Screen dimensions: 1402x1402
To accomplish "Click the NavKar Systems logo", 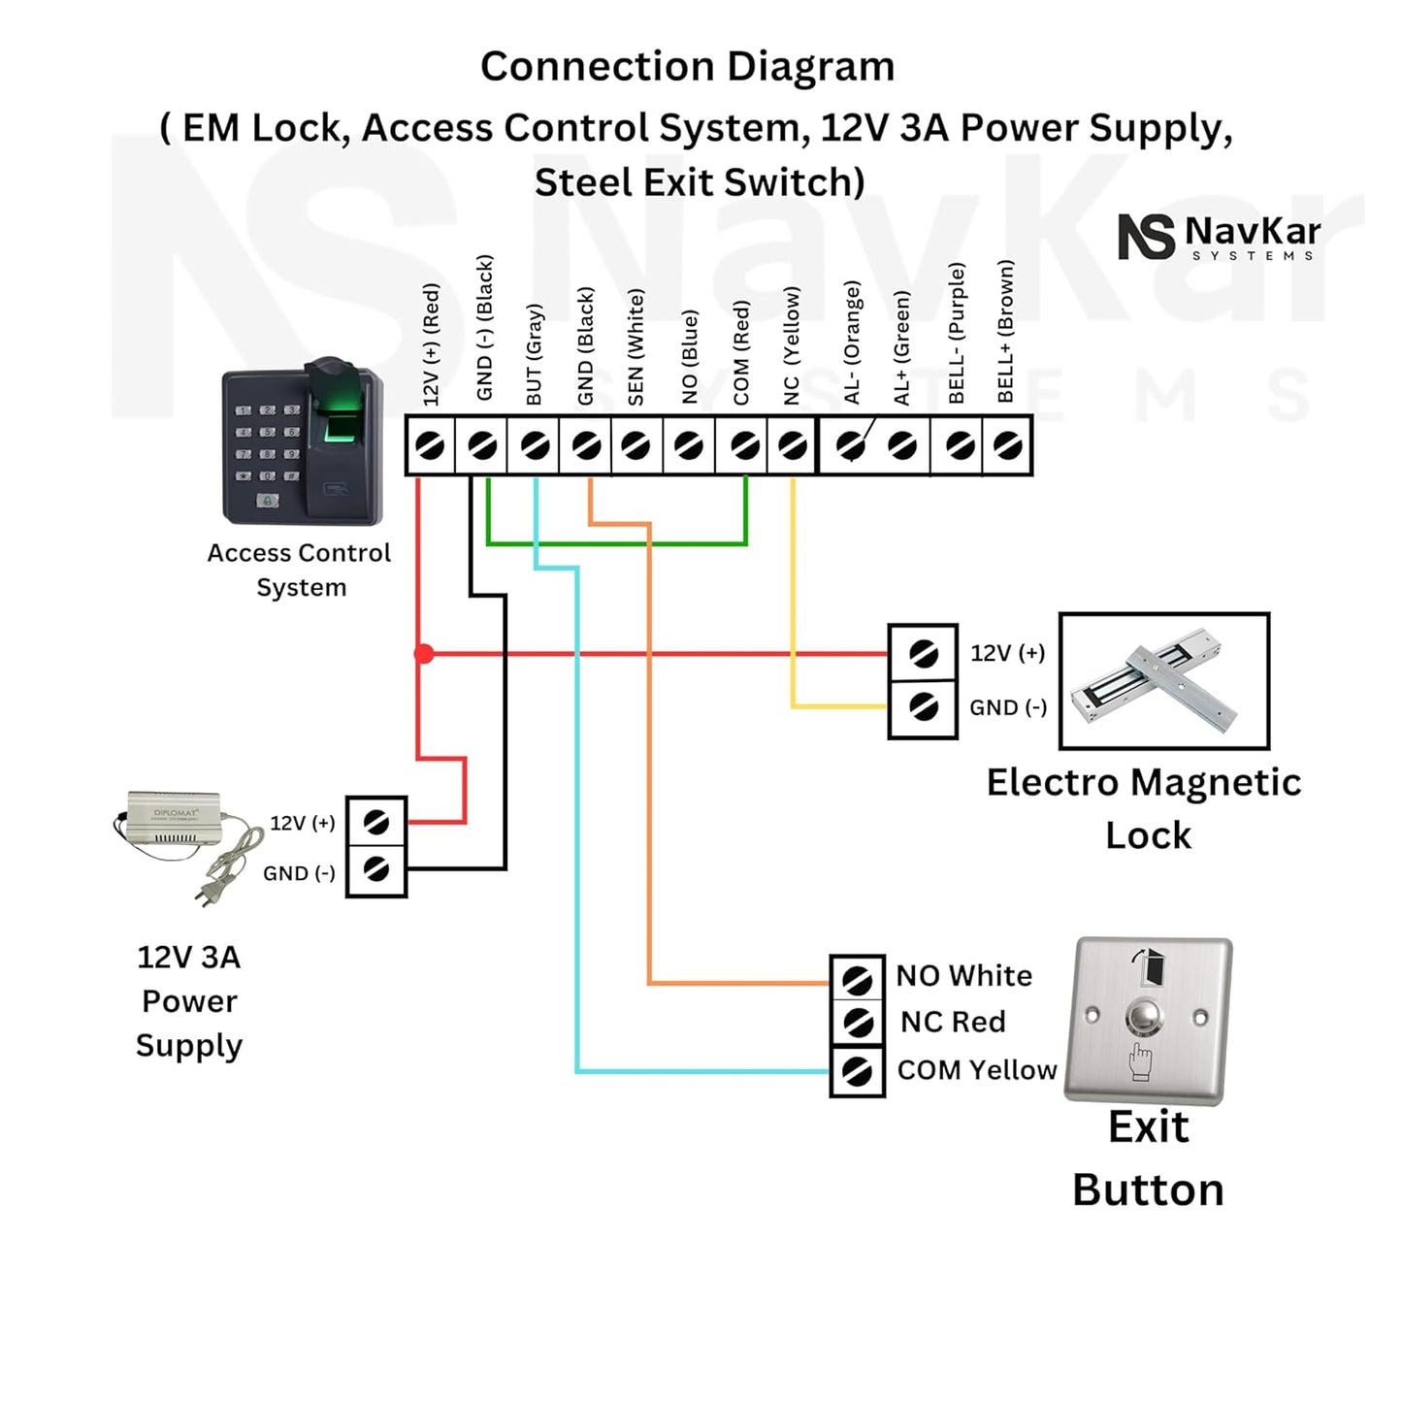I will pyautogui.click(x=1219, y=237).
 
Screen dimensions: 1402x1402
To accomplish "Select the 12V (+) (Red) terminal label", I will pyautogui.click(x=432, y=343).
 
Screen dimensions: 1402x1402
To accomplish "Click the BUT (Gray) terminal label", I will pyautogui.click(x=534, y=354).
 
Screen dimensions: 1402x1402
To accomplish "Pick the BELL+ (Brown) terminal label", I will pyautogui.click(x=1005, y=331).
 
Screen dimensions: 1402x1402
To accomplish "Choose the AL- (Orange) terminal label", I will pyautogui.click(x=852, y=342).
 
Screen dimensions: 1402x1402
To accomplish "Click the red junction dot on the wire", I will pyautogui.click(x=424, y=654).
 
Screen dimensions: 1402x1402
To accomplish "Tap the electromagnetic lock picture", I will pyautogui.click(x=1163, y=680).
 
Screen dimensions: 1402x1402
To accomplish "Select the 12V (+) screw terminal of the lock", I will pyautogui.click(x=923, y=654).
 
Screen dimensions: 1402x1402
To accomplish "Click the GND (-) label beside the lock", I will pyautogui.click(x=1008, y=707).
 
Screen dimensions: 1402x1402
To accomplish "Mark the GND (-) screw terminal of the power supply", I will pyautogui.click(x=376, y=868).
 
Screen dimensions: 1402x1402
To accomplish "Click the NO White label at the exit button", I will pyautogui.click(x=963, y=975).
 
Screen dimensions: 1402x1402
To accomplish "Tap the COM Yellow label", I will pyautogui.click(x=976, y=1069).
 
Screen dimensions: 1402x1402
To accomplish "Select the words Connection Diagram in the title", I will pyautogui.click(x=687, y=67).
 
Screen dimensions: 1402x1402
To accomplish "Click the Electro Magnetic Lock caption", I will pyautogui.click(x=1144, y=808).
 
